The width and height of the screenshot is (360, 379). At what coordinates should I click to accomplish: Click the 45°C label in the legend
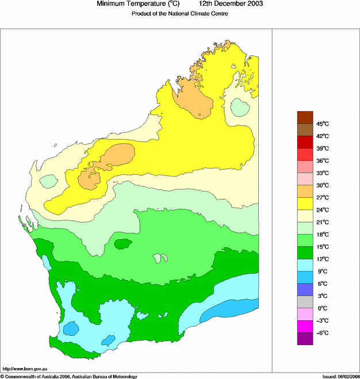pos(323,124)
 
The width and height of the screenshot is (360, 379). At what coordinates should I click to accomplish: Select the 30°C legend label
pos(323,185)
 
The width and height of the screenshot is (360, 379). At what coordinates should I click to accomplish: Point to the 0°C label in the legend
pos(323,308)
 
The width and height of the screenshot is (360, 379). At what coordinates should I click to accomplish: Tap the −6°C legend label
pos(323,333)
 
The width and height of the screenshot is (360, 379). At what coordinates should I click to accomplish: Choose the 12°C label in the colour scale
pos(323,259)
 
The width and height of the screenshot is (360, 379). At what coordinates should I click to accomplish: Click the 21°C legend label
pos(323,222)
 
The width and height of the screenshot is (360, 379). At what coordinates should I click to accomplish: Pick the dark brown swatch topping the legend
pos(305,117)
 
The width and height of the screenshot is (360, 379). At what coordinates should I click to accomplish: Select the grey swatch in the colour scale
pos(305,302)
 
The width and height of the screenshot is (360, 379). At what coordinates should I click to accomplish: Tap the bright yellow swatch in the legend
pos(305,204)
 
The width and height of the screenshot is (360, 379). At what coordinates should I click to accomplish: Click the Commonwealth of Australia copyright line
pos(69,376)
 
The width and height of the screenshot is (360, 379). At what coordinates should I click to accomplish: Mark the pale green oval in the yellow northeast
pos(240,107)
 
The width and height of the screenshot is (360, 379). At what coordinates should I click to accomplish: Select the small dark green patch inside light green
pos(122,244)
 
